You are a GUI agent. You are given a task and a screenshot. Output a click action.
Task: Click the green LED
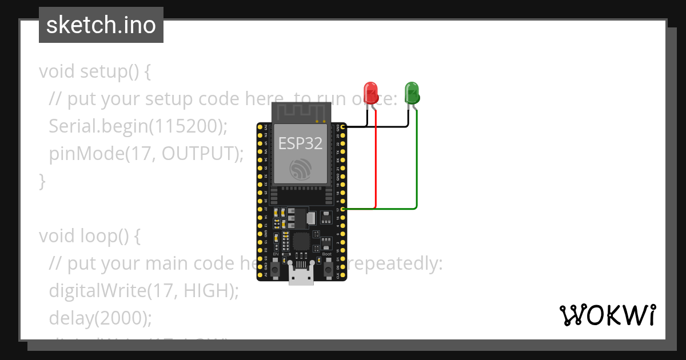pyautogui.click(x=412, y=92)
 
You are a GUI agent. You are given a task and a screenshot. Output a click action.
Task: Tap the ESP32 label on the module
pyautogui.click(x=300, y=143)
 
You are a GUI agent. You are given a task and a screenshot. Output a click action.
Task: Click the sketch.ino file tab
pyautogui.click(x=101, y=25)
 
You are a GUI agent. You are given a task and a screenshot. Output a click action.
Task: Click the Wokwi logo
pyautogui.click(x=607, y=315)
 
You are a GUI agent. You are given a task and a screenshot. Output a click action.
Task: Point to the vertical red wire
pyautogui.click(x=376, y=160)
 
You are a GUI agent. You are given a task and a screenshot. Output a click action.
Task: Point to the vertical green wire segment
pyautogui.click(x=417, y=160)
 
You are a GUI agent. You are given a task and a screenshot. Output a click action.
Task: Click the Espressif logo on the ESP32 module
pyautogui.click(x=300, y=170)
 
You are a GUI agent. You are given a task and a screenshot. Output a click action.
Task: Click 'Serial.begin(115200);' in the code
pyautogui.click(x=138, y=126)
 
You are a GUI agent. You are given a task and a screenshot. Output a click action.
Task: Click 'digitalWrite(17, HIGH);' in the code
pyautogui.click(x=143, y=290)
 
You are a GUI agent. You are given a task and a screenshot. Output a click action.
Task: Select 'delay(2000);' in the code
pyautogui.click(x=101, y=318)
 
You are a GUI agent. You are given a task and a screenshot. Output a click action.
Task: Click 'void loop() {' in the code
pyautogui.click(x=89, y=235)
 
